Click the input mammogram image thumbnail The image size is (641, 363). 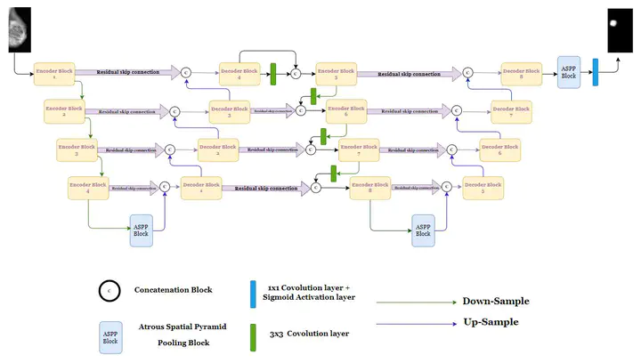[19, 28]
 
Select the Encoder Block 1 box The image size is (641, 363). [53, 73]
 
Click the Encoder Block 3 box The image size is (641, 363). [77, 149]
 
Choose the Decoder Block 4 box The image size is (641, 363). [241, 73]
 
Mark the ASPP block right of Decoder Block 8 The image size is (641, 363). [569, 71]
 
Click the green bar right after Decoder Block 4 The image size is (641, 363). [274, 74]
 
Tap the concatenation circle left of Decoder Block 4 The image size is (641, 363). [186, 72]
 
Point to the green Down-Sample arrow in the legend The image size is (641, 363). [413, 302]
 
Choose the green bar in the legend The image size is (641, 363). [255, 333]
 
